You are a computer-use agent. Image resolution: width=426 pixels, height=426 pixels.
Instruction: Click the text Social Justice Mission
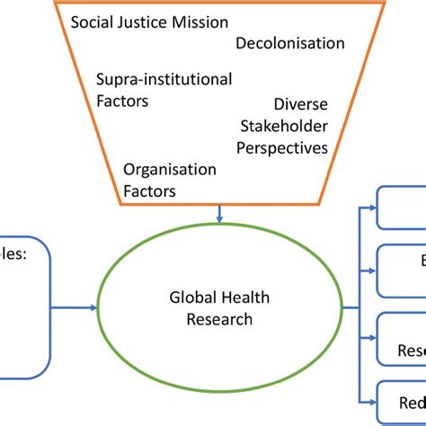149,22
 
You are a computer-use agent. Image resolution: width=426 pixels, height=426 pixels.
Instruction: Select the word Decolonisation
290,43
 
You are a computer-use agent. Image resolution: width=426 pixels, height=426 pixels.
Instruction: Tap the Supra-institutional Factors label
164,91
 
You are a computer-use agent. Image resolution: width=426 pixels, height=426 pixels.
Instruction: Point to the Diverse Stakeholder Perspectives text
288,127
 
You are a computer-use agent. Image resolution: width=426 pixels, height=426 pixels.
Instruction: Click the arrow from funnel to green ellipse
220,213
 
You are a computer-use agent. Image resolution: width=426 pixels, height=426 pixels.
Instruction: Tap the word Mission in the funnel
201,22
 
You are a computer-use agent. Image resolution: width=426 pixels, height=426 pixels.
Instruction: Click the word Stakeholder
288,127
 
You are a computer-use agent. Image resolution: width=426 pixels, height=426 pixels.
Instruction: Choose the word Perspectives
282,146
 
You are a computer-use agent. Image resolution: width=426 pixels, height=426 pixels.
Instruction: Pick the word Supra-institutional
164,80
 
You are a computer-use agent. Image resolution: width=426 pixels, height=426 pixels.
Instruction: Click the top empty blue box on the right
401,207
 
